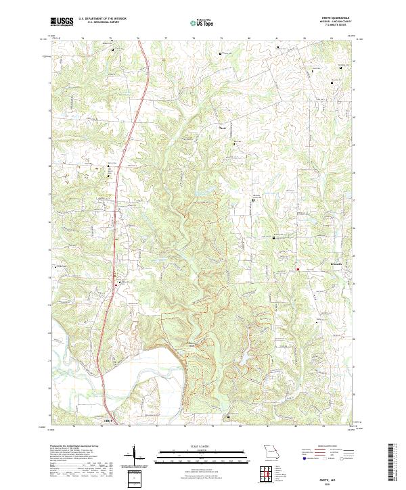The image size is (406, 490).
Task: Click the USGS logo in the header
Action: point(61,22)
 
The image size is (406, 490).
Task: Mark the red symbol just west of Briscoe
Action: point(297,270)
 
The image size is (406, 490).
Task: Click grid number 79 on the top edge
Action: point(221,39)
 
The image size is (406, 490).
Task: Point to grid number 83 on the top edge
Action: point(332,39)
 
